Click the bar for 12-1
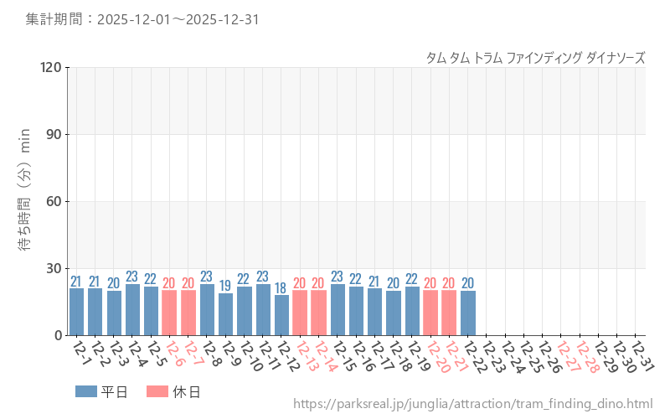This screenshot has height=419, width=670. click(x=76, y=312)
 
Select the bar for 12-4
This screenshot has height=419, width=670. click(x=132, y=309)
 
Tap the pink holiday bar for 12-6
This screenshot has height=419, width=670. click(x=169, y=313)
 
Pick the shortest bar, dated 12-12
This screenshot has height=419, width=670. click(x=281, y=315)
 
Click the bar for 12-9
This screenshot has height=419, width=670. click(x=225, y=314)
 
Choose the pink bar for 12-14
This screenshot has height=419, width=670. click(x=319, y=313)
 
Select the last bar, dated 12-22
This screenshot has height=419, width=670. click(x=468, y=313)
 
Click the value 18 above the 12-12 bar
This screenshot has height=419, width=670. click(x=281, y=288)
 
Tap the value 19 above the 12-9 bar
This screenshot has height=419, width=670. click(x=225, y=287)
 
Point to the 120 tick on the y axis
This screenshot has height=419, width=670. click(x=51, y=68)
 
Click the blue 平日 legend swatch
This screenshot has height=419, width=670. click(x=85, y=391)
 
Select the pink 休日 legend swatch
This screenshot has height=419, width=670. click(x=157, y=391)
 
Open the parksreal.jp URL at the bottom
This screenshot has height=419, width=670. click(x=472, y=405)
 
